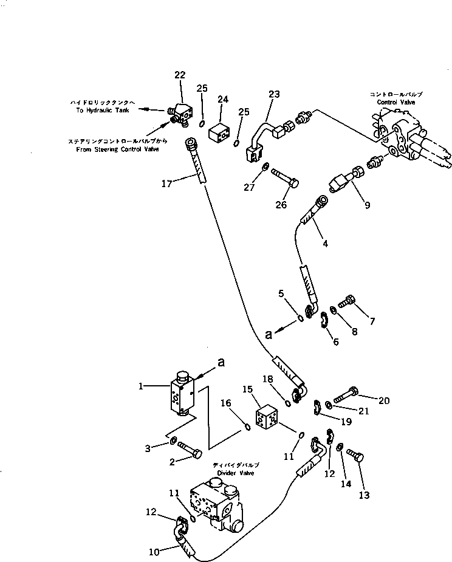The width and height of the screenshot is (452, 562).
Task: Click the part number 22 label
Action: [179, 75]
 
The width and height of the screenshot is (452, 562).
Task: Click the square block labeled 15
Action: [265, 419]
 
